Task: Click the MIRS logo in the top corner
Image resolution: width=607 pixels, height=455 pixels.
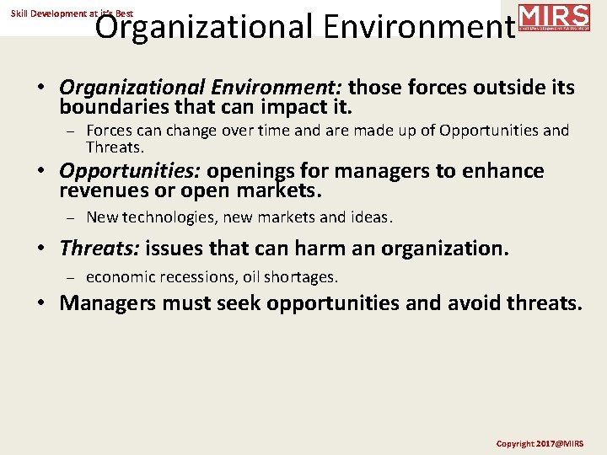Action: pyautogui.click(x=553, y=17)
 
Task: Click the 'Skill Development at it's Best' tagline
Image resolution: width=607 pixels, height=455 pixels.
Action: pyautogui.click(x=72, y=13)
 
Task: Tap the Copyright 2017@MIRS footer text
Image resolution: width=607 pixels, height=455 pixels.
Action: pyautogui.click(x=539, y=443)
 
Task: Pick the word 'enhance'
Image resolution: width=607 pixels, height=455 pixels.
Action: pyautogui.click(x=503, y=172)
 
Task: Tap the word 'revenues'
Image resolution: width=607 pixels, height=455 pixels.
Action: pyautogui.click(x=101, y=192)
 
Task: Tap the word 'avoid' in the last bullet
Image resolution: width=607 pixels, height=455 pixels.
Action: pyautogui.click(x=454, y=303)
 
